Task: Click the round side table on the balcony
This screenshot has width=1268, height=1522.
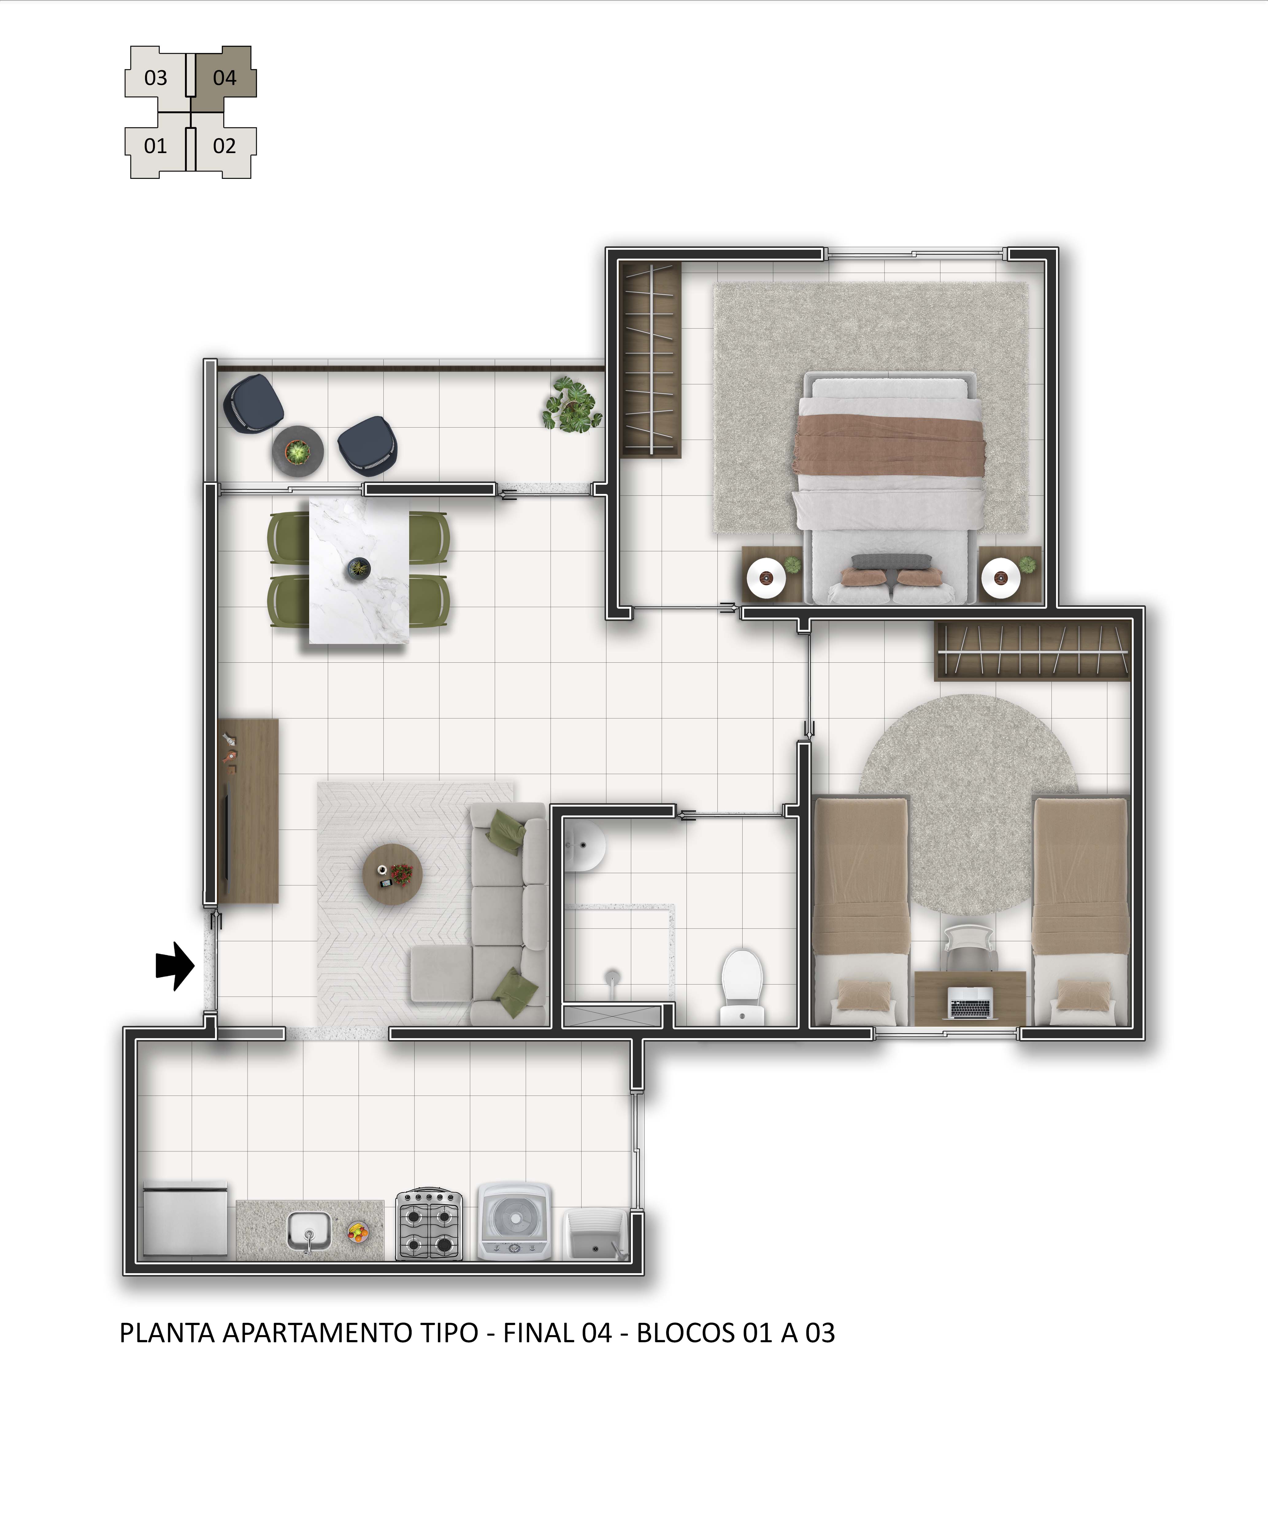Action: point(297,451)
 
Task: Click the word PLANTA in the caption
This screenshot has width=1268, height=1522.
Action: point(167,1333)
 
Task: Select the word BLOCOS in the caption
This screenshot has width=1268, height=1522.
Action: point(686,1333)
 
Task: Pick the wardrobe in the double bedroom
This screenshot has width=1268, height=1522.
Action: point(651,360)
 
